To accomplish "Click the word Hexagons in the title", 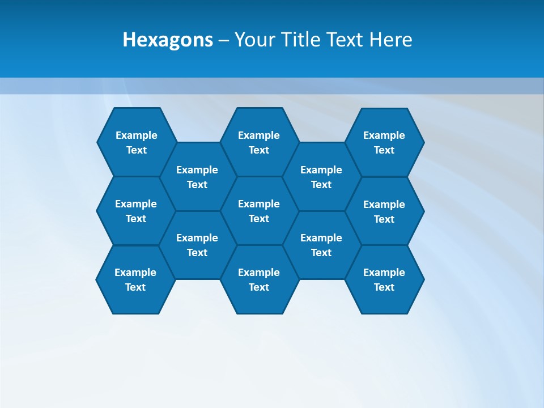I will point(168,40).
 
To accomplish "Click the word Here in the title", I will point(391,40).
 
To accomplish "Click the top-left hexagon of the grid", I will point(136,142).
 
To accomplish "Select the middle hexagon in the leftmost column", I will point(136,211).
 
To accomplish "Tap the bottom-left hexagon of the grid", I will point(135,279).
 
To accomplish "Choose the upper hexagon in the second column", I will point(197,177).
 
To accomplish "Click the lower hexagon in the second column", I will point(197,245).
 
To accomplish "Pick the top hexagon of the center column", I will point(259,142).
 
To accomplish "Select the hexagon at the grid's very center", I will point(259,211).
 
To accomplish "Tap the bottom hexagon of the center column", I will point(259,279).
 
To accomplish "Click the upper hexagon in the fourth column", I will point(321,177).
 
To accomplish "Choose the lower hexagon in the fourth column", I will point(321,245).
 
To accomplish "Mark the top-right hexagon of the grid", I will point(384,142).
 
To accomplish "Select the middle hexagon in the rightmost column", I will point(384,211).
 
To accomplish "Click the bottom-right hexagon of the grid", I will point(384,279).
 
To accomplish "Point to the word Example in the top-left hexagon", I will point(136,135).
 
